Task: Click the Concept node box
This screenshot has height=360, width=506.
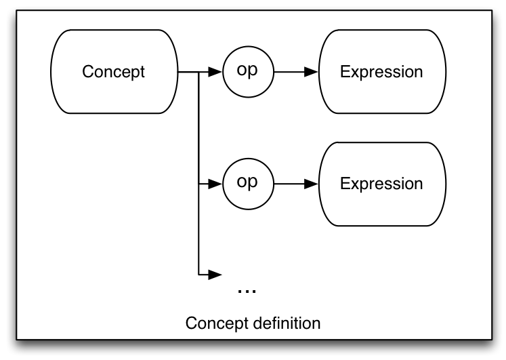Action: [x=114, y=72]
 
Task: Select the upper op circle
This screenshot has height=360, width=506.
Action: [x=248, y=72]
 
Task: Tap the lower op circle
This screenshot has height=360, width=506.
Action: [x=248, y=184]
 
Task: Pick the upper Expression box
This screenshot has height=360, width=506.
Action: [x=383, y=72]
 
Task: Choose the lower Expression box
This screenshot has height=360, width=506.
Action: [x=383, y=184]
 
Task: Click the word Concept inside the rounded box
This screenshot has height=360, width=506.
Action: [x=113, y=72]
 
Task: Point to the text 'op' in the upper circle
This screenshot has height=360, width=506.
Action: [x=247, y=70]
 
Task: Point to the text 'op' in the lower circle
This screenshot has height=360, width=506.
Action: [x=247, y=182]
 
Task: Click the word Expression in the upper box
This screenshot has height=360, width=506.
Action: [x=381, y=72]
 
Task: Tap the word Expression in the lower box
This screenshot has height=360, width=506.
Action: [x=381, y=184]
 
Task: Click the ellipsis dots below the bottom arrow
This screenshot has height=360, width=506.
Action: [x=247, y=292]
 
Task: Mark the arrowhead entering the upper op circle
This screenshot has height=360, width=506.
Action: [x=215, y=72]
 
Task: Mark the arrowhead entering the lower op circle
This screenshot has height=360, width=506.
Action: [x=215, y=184]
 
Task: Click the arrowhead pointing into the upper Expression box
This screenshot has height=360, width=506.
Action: [x=312, y=72]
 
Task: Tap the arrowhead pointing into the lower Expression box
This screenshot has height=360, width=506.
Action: [x=312, y=184]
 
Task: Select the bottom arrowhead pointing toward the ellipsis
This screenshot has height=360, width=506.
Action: [x=215, y=275]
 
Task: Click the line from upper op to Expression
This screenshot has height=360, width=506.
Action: [x=289, y=72]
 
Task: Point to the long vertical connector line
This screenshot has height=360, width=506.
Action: [x=198, y=173]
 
